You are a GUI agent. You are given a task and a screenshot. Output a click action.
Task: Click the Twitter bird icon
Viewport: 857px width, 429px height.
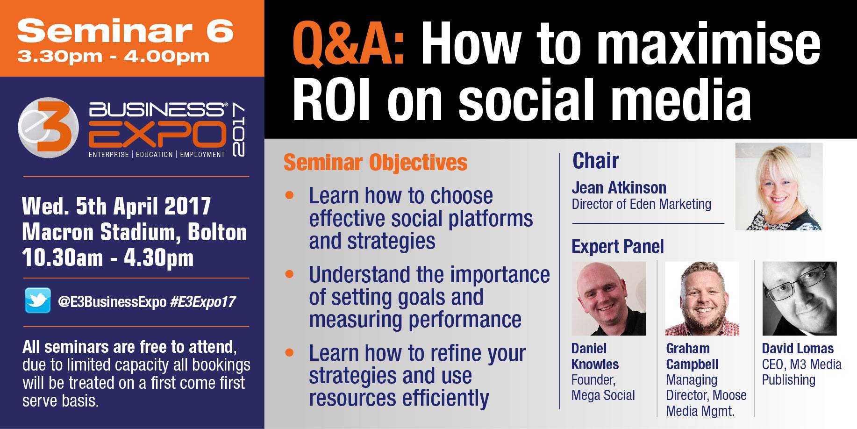(37, 300)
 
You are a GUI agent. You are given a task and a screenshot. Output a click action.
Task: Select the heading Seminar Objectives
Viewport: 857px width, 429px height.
(375, 162)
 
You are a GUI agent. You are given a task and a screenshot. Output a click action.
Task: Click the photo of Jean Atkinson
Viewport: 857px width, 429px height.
(778, 186)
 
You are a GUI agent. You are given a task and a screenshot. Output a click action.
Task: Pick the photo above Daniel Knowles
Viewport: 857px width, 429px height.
(608, 299)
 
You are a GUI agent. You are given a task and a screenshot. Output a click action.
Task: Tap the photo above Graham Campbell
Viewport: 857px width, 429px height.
(702, 299)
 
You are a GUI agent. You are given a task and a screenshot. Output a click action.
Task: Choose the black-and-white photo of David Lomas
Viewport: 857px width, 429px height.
(800, 299)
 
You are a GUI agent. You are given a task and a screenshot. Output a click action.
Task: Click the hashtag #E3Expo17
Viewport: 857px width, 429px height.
(203, 302)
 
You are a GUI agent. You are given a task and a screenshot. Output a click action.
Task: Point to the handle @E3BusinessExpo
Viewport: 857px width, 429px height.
(112, 302)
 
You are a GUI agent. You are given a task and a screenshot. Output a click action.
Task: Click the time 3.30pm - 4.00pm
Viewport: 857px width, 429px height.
(113, 57)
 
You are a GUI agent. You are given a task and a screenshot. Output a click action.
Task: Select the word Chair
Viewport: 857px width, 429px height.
(596, 160)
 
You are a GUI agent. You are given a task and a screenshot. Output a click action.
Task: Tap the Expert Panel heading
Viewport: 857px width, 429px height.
(618, 246)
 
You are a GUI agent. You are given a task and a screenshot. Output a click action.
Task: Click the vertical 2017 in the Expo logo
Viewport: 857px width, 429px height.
(238, 130)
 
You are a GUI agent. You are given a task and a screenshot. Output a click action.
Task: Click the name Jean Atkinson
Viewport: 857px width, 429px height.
(619, 187)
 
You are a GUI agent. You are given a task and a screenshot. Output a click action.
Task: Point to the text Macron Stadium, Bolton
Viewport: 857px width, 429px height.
(135, 232)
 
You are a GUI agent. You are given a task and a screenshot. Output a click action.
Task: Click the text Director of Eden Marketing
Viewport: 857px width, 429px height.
(642, 204)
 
